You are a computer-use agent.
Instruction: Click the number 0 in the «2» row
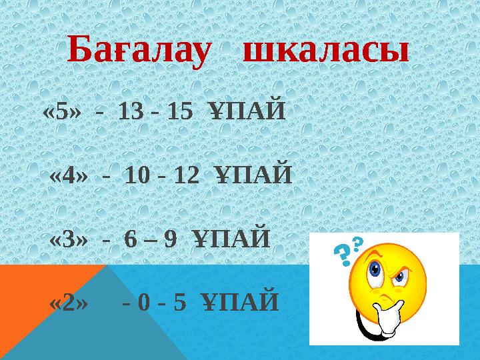tap(145, 303)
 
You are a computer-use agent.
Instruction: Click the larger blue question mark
tap(341, 254)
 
